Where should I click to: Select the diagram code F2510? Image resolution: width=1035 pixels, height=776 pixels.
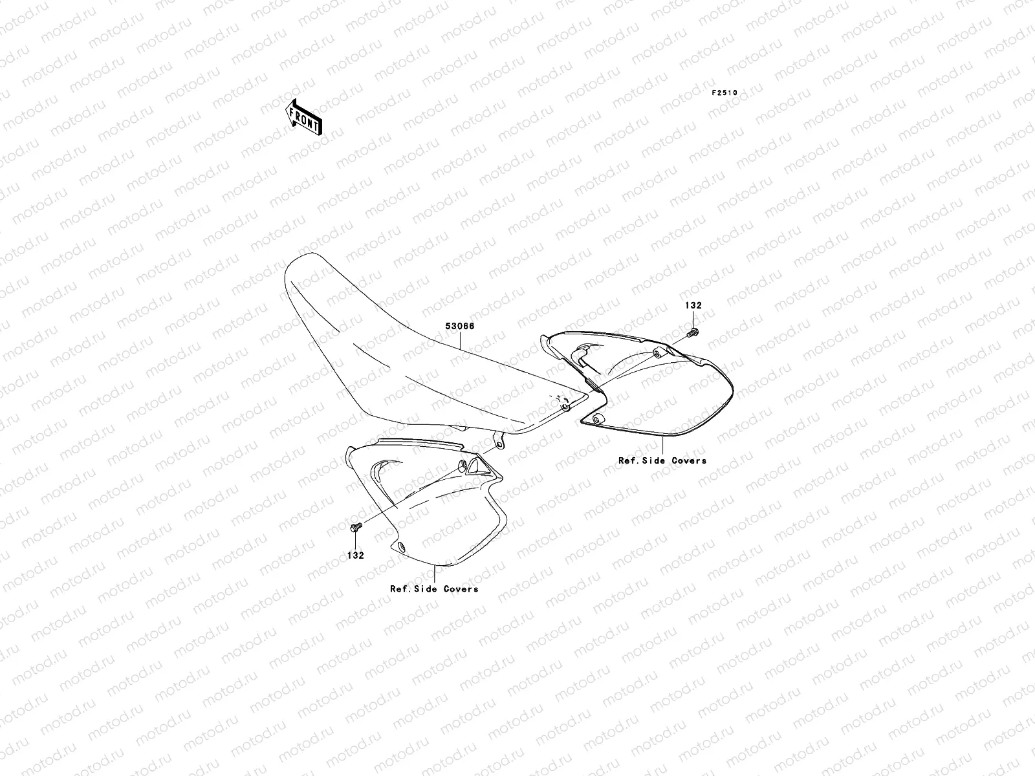724,93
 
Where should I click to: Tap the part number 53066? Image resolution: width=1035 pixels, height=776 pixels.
459,327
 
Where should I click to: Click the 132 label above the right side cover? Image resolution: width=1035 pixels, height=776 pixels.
693,305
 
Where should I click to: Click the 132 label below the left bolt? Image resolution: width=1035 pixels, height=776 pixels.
355,555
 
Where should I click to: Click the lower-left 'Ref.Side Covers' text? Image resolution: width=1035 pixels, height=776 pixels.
434,589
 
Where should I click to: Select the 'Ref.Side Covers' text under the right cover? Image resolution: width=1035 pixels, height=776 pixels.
662,461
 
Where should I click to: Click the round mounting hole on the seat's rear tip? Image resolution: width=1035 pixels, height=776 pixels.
565,407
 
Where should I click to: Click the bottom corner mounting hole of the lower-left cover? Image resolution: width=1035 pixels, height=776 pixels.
401,548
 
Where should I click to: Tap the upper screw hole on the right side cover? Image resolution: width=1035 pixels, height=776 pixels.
657,354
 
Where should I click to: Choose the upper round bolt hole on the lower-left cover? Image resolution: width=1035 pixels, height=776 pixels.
462,466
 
